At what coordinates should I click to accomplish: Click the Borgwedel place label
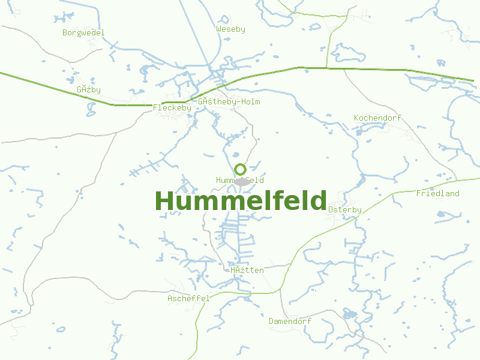tap(83, 32)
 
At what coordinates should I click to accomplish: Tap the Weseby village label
tap(230, 29)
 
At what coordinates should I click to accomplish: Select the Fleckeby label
tap(172, 108)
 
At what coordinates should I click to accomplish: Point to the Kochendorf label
tap(377, 118)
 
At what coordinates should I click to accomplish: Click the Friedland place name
tap(437, 193)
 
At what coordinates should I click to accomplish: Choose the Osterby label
tap(344, 209)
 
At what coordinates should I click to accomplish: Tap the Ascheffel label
tap(188, 298)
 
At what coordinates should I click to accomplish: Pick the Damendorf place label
tap(290, 321)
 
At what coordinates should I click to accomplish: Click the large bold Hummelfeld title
tap(241, 201)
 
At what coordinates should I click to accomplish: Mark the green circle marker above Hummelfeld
tap(240, 169)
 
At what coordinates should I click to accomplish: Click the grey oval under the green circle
tap(241, 181)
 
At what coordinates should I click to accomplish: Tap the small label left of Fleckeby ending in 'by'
tap(89, 90)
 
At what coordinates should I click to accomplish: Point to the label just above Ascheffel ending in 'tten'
tap(247, 270)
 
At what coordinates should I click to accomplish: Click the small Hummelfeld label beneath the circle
tap(239, 180)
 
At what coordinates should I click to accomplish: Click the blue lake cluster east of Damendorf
tap(349, 314)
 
